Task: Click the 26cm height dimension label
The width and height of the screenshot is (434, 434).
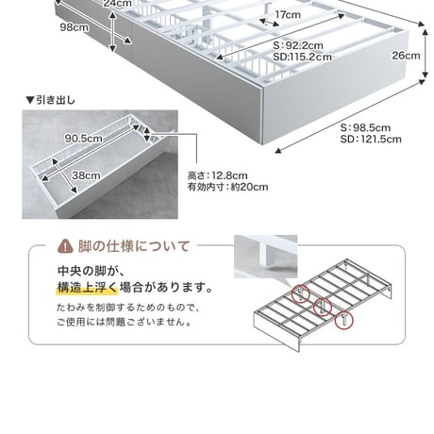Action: click(406, 56)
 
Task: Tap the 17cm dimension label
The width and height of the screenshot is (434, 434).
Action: click(288, 14)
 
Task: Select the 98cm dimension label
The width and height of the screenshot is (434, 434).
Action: click(75, 27)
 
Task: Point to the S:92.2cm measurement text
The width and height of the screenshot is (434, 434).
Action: click(298, 45)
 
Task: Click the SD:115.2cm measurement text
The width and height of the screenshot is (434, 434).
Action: click(302, 57)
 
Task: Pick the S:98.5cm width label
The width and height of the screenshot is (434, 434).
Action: click(365, 127)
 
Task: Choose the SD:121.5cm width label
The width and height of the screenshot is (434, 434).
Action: click(371, 139)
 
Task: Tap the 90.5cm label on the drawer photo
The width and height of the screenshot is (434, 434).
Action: click(83, 138)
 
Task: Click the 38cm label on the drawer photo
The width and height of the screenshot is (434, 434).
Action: click(86, 175)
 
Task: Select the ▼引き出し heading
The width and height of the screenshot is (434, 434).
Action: click(51, 100)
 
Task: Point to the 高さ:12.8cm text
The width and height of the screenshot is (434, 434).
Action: click(218, 175)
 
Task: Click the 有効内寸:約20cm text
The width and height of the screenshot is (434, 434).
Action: click(228, 187)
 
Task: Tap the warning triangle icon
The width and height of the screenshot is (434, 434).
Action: click(65, 246)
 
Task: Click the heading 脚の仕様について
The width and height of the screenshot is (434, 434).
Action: click(134, 246)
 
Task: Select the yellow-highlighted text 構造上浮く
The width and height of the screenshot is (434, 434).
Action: click(88, 288)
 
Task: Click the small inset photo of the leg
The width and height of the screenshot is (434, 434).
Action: click(265, 257)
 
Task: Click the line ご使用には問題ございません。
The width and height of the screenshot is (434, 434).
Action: click(125, 323)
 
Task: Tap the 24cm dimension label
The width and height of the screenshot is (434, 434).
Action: click(117, 4)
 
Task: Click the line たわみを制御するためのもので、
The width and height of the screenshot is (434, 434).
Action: click(128, 308)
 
